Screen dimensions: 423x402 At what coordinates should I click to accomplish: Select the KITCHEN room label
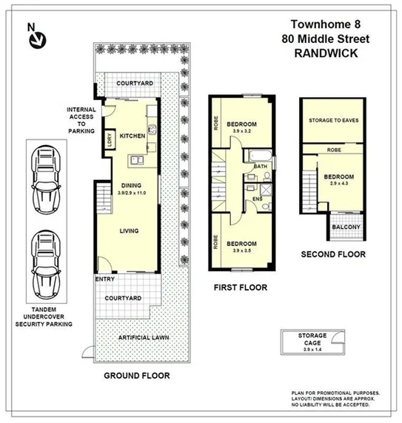(x=133, y=136)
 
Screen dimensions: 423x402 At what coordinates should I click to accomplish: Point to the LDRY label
(x=110, y=140)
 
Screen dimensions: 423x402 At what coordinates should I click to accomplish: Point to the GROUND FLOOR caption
(x=136, y=376)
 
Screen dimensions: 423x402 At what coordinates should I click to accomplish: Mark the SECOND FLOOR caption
(x=333, y=254)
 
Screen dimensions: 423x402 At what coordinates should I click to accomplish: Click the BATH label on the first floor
(x=260, y=167)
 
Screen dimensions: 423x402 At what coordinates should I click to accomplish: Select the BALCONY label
(x=346, y=227)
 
